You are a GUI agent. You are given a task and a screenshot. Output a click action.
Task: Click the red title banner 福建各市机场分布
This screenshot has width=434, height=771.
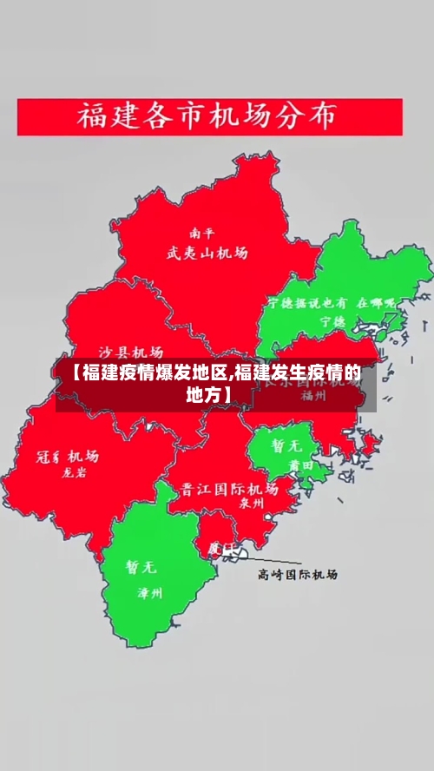pos(209,116)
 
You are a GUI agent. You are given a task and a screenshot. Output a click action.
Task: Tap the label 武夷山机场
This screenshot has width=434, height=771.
pos(207,253)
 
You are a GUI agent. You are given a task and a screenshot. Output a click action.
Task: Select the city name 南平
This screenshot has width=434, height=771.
pos(202,234)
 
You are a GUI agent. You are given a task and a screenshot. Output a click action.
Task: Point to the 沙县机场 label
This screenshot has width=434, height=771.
pos(130,353)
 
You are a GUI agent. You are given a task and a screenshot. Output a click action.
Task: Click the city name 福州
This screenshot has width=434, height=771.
pos(312,395)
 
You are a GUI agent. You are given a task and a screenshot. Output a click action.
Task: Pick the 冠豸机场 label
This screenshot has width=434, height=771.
pos(67,457)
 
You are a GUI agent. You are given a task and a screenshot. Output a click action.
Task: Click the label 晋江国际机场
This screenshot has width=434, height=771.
pos(229,488)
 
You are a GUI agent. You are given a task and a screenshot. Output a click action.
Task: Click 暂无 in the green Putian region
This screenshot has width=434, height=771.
pos(286,445)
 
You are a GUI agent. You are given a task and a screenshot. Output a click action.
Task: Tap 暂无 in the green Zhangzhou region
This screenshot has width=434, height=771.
pos(141,567)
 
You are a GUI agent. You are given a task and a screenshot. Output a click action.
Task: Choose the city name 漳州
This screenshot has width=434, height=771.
pos(150,594)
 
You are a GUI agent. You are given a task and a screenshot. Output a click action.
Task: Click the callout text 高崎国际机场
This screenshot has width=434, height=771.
pos(298,575)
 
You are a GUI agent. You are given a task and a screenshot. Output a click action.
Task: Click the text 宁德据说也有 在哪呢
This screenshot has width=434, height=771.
pos(331,304)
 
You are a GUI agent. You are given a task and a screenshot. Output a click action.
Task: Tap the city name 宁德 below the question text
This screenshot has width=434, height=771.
pos(332,320)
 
